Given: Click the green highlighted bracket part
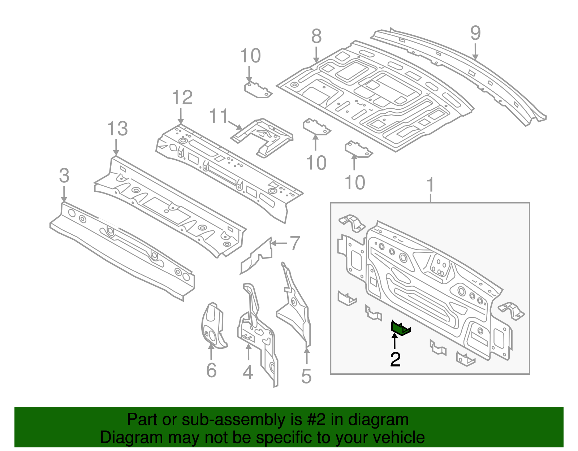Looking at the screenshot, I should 400,328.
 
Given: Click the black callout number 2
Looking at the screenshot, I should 395,360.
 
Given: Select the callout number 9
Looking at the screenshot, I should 475,33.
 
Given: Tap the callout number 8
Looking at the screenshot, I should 316,36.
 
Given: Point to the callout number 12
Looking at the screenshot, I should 182,98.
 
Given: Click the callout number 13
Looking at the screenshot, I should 117,129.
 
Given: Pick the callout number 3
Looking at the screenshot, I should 64,176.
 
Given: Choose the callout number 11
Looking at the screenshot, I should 219,116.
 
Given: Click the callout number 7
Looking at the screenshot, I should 295,243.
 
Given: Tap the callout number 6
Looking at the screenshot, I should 211,370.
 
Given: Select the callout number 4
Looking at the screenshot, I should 248,372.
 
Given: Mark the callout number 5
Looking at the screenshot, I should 306,377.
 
